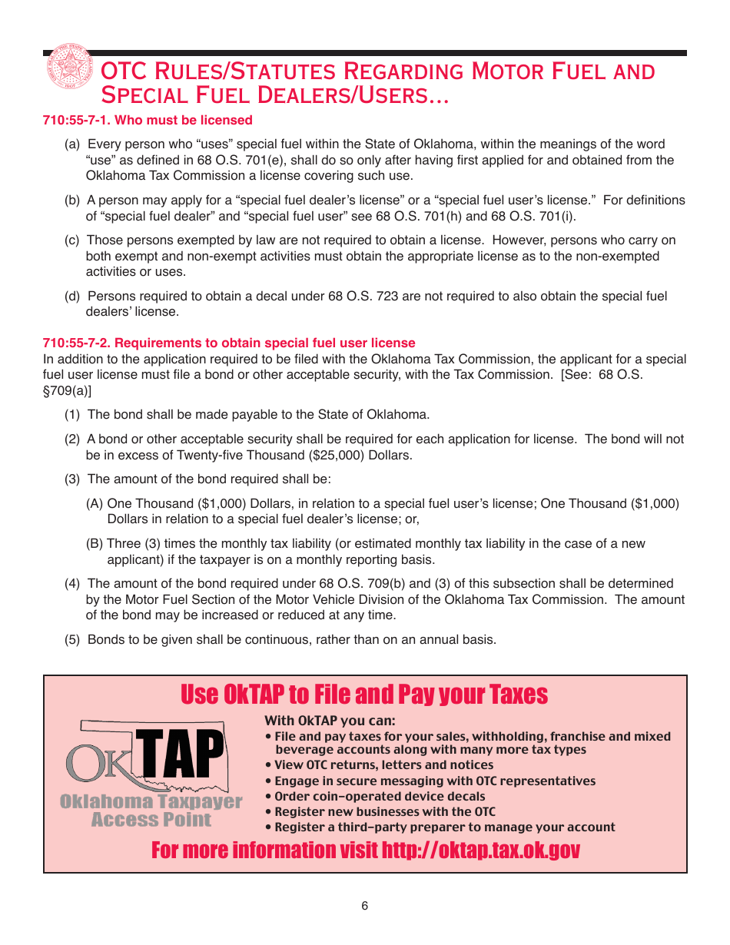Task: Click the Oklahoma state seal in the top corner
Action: tap(69, 69)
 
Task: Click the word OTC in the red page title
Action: tap(124, 71)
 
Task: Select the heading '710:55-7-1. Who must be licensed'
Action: tap(148, 120)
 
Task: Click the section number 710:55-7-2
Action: tap(77, 343)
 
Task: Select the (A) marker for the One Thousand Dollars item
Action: tap(95, 504)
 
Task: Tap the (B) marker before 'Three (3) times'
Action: tap(95, 544)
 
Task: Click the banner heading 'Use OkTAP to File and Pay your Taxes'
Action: tap(364, 695)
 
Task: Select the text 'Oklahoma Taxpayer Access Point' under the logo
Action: tap(151, 811)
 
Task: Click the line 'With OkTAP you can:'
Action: tap(330, 721)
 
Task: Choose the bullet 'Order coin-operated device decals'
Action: tap(379, 797)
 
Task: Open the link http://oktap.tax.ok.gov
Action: tap(480, 850)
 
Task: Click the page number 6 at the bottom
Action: tap(365, 906)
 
